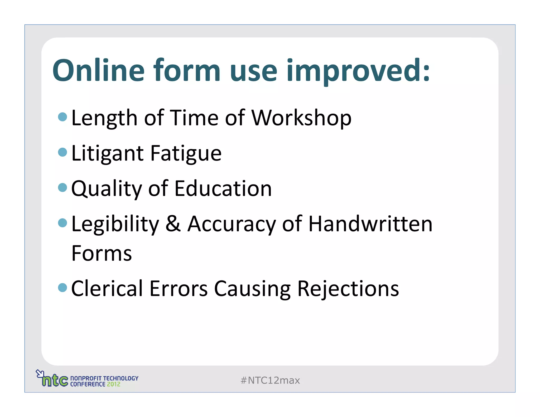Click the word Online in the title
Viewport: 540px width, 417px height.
[x=98, y=70]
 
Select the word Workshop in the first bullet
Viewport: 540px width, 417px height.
[x=301, y=118]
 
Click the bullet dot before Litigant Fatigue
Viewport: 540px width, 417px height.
[x=62, y=152]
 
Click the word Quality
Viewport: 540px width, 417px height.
[x=107, y=189]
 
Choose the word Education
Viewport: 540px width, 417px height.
[x=223, y=189]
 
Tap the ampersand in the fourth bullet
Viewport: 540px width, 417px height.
[x=173, y=224]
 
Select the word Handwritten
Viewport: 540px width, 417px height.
[x=370, y=224]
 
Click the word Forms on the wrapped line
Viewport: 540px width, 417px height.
[x=102, y=253]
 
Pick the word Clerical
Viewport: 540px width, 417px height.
[x=107, y=289]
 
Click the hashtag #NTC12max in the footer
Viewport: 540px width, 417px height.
[x=270, y=380]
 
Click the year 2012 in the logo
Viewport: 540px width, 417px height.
[x=113, y=384]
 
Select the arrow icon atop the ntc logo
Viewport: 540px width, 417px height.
[x=40, y=373]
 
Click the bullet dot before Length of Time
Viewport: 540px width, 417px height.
[x=62, y=117]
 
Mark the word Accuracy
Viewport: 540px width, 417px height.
[x=231, y=224]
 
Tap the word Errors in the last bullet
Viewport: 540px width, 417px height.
[x=179, y=289]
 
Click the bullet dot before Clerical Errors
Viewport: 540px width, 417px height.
[x=62, y=287]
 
